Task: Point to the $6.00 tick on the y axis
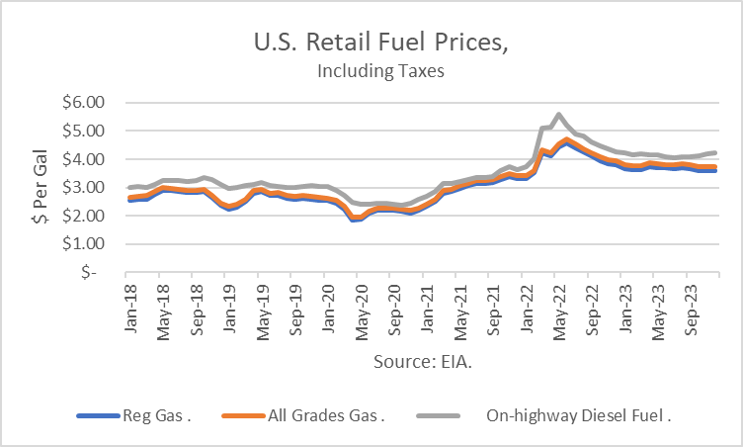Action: tap(84, 102)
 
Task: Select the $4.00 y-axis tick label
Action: tap(84, 158)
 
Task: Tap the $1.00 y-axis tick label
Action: tap(84, 243)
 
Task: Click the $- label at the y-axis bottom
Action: tap(90, 272)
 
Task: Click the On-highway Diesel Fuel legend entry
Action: tap(572, 416)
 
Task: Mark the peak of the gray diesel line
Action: tap(559, 115)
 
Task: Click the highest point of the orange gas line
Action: tap(567, 139)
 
